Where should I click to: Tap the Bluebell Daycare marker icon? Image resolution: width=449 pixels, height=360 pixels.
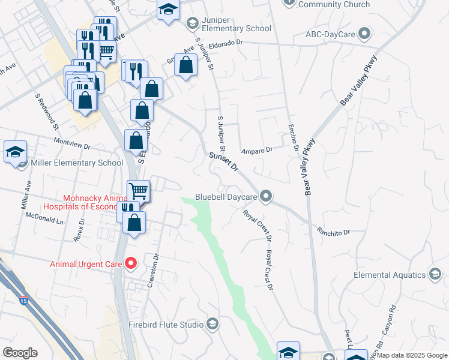click(x=268, y=196)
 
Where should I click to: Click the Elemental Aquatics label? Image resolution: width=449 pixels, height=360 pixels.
click(x=389, y=275)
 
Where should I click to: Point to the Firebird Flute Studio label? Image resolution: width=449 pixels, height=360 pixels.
click(x=166, y=325)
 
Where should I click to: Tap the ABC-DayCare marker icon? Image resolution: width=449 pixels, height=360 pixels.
click(x=364, y=34)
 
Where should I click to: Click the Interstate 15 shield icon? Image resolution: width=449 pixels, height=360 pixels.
click(x=23, y=300)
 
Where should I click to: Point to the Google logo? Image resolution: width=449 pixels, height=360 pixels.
click(x=20, y=353)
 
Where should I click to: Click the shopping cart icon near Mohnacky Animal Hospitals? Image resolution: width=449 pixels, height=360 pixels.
click(x=139, y=191)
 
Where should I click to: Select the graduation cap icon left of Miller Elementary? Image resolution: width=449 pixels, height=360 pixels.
click(x=15, y=152)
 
